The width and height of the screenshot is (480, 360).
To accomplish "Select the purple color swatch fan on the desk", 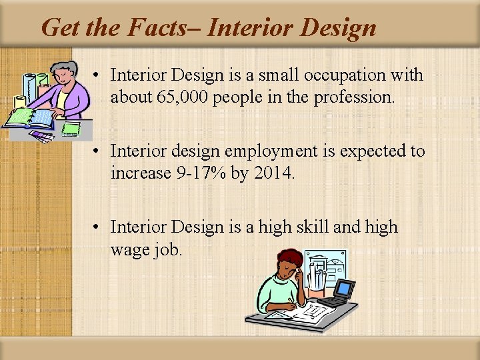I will point(42,135).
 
